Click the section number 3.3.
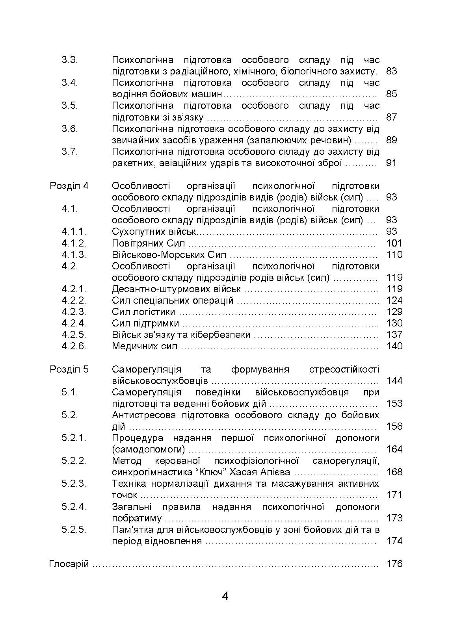click(69, 60)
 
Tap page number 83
click(391, 71)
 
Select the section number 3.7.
click(69, 152)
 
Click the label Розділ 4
click(69, 186)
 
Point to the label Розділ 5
click(69, 369)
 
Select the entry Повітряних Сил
click(148, 243)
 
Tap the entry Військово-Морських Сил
click(169, 254)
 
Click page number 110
click(394, 254)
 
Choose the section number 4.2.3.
click(74, 312)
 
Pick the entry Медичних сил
click(145, 346)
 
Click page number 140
click(394, 346)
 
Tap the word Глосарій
click(69, 564)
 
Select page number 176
click(394, 564)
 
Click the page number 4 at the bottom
click(225, 596)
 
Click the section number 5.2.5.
click(74, 530)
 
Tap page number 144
click(394, 381)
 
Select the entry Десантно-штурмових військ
click(176, 289)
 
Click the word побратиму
click(137, 518)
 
